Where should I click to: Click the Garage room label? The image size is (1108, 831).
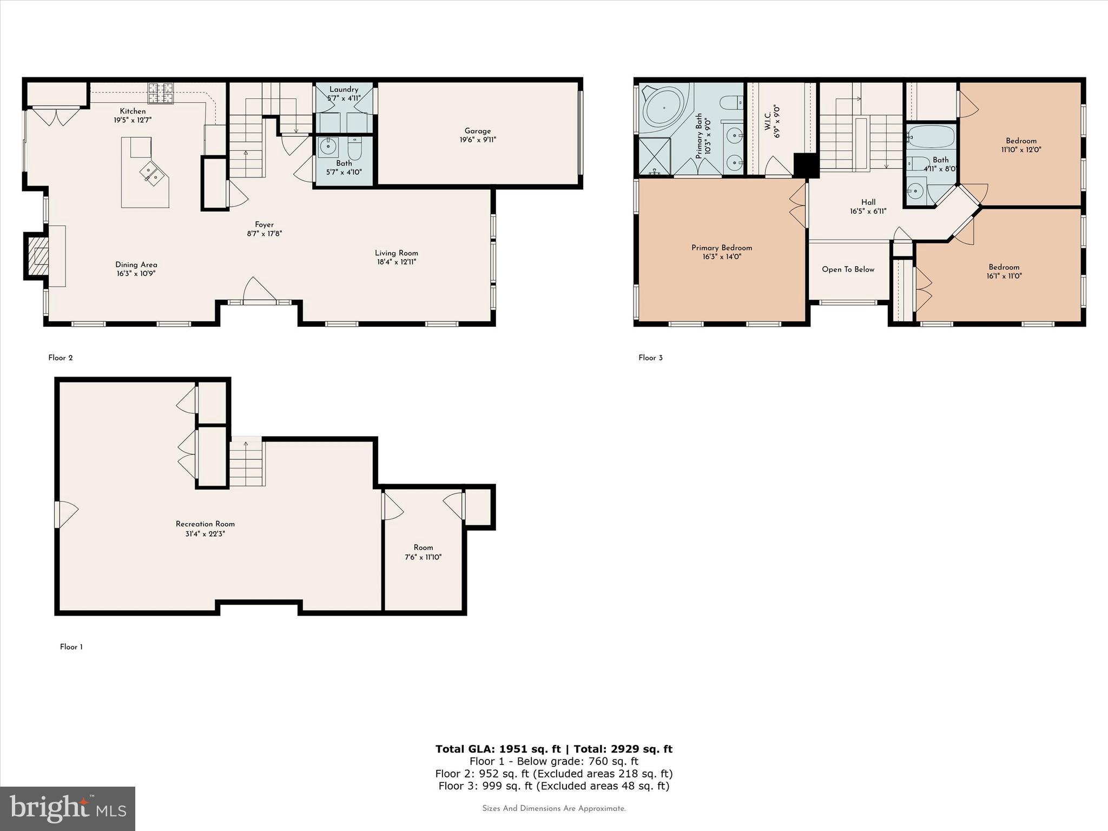tap(477, 131)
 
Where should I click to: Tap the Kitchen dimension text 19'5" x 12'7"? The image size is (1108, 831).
tap(133, 120)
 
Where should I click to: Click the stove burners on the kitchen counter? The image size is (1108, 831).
tap(161, 93)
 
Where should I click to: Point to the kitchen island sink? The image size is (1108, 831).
tap(152, 174)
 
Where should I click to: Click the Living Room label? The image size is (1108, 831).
tap(397, 253)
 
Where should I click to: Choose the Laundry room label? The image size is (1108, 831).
tap(344, 89)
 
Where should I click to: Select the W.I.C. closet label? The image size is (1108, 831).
tap(768, 121)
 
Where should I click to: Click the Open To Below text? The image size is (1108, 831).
tap(848, 269)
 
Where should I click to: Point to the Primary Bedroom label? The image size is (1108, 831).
tap(721, 248)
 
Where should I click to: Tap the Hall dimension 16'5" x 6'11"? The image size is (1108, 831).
tap(868, 212)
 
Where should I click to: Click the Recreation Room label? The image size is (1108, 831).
tap(205, 524)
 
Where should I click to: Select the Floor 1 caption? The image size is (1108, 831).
tap(71, 647)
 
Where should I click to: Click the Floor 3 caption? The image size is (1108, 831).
tap(650, 358)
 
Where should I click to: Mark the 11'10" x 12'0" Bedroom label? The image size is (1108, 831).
tap(1021, 141)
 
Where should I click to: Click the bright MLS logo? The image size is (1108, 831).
tap(68, 808)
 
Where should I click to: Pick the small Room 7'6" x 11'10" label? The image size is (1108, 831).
tap(423, 548)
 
